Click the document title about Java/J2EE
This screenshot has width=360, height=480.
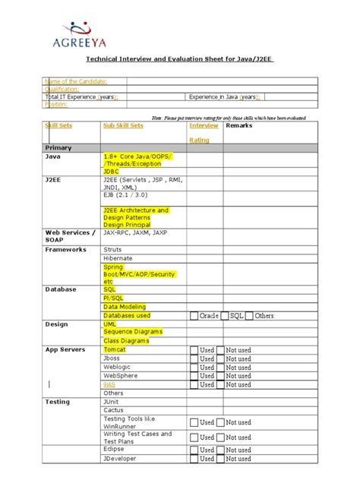[x=179, y=58]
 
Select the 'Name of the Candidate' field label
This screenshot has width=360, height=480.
[x=76, y=81]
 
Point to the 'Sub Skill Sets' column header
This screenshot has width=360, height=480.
[x=122, y=125]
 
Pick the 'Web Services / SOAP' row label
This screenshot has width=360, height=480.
[x=69, y=236]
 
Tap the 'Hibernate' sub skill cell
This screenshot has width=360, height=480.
[x=118, y=258]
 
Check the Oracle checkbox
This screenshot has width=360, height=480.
[x=194, y=315]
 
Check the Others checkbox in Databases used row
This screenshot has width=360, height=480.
[x=249, y=315]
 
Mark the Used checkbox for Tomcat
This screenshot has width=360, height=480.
[x=194, y=350]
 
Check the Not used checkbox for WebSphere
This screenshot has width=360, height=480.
[x=220, y=376]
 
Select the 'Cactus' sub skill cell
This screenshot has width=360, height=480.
[x=113, y=410]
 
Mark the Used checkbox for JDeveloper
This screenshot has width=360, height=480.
[x=194, y=459]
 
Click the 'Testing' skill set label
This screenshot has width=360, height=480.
[x=58, y=401]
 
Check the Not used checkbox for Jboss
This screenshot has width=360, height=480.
[x=220, y=358]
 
